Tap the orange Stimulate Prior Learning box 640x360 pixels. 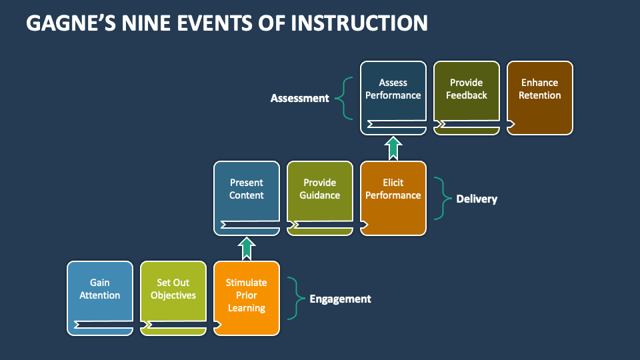[x=247, y=297]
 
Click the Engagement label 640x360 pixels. [x=340, y=299]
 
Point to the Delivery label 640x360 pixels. [x=477, y=199]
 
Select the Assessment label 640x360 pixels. [x=300, y=98]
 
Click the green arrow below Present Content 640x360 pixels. [x=247, y=248]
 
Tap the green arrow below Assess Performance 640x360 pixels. [x=393, y=148]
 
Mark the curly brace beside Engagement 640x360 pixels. [x=294, y=298]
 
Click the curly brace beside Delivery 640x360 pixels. [x=441, y=198]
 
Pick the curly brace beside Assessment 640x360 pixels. [x=345, y=98]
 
